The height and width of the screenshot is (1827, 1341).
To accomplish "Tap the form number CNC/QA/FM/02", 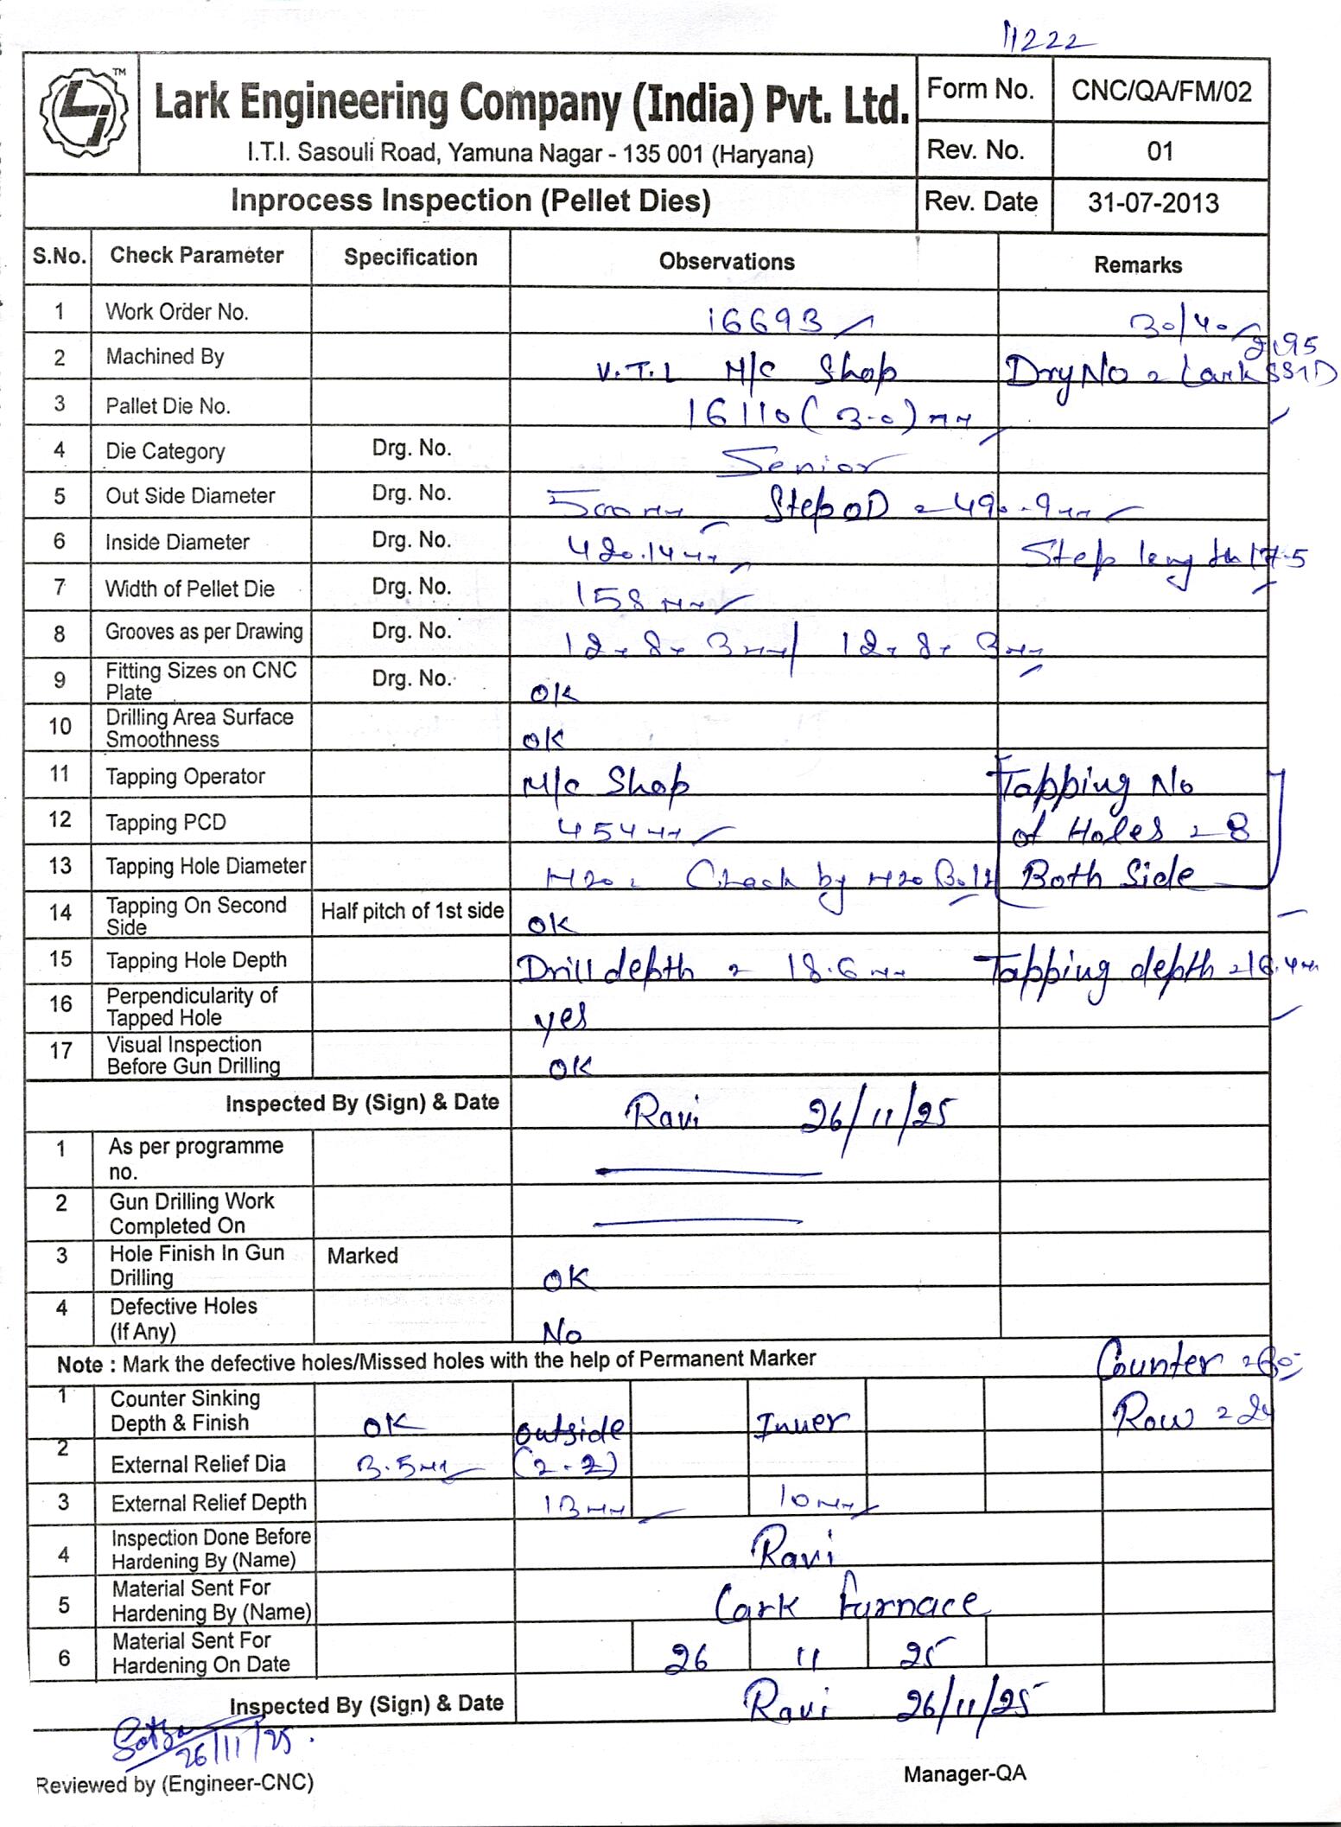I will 1160,91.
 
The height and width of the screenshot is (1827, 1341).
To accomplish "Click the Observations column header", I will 727,262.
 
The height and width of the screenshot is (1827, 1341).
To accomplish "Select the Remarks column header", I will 1137,265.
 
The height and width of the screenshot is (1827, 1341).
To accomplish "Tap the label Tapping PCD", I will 165,822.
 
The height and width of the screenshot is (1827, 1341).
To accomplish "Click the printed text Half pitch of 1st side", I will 412,911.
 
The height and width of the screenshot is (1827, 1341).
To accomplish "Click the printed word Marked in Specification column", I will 362,1256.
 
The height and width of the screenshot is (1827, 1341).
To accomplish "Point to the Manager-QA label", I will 964,1773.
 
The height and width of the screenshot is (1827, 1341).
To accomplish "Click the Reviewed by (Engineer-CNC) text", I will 175,1784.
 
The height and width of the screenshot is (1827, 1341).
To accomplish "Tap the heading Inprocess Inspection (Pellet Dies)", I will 470,201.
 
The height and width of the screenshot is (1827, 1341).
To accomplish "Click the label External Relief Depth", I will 208,1503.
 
